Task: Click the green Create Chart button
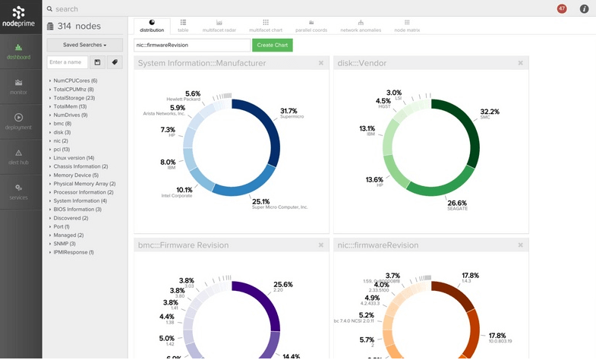[x=272, y=46]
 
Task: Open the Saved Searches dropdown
[x=84, y=46]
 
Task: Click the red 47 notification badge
[x=562, y=8]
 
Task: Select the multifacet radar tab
[x=219, y=26]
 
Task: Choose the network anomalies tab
[x=360, y=26]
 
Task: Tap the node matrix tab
[x=406, y=26]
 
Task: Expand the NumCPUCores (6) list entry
[x=75, y=81]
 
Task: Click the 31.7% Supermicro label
[x=289, y=112]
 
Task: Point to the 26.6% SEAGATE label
[x=457, y=204]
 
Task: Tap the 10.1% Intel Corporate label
[x=183, y=191]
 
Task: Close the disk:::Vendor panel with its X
[x=520, y=63]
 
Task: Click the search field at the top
[x=228, y=9]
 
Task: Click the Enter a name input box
[x=67, y=62]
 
